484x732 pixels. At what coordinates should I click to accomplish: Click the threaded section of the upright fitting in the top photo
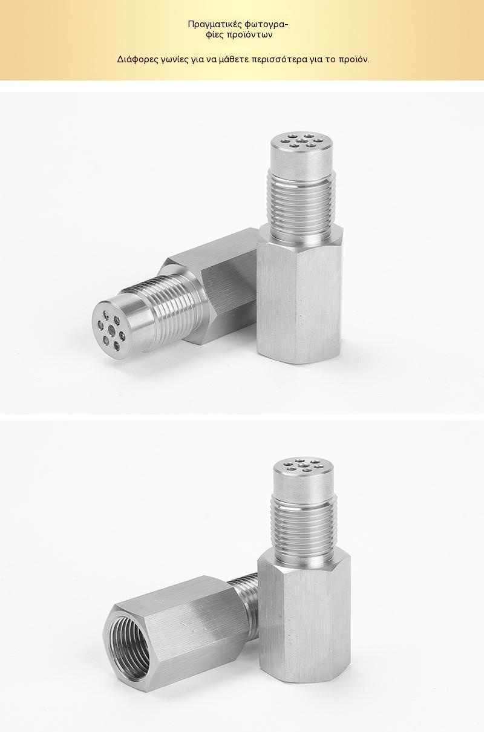pyautogui.click(x=302, y=205)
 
